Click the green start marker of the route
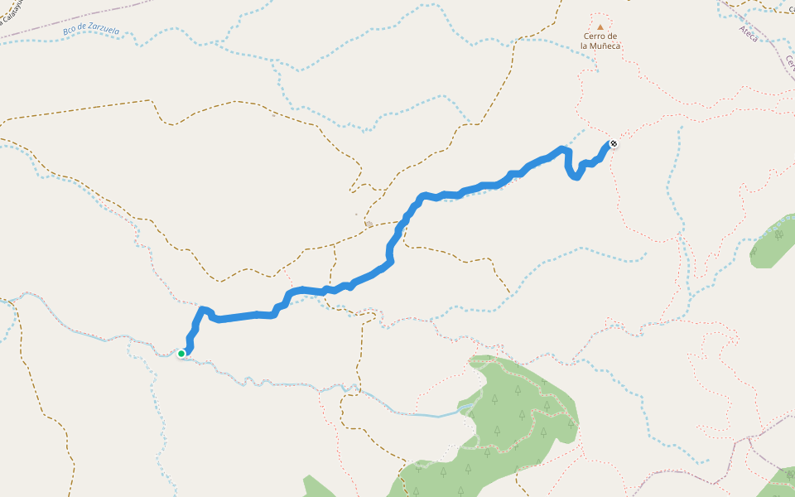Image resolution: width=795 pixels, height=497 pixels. (181, 354)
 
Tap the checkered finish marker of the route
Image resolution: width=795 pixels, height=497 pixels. (614, 144)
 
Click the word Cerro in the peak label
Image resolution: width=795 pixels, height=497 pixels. (594, 36)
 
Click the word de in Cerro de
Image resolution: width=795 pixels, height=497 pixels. (612, 36)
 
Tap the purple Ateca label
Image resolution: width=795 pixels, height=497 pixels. (749, 33)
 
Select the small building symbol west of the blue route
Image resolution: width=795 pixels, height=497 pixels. (369, 223)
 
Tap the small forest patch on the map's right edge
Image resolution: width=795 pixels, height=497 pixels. (774, 242)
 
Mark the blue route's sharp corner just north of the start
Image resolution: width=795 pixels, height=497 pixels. (203, 310)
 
